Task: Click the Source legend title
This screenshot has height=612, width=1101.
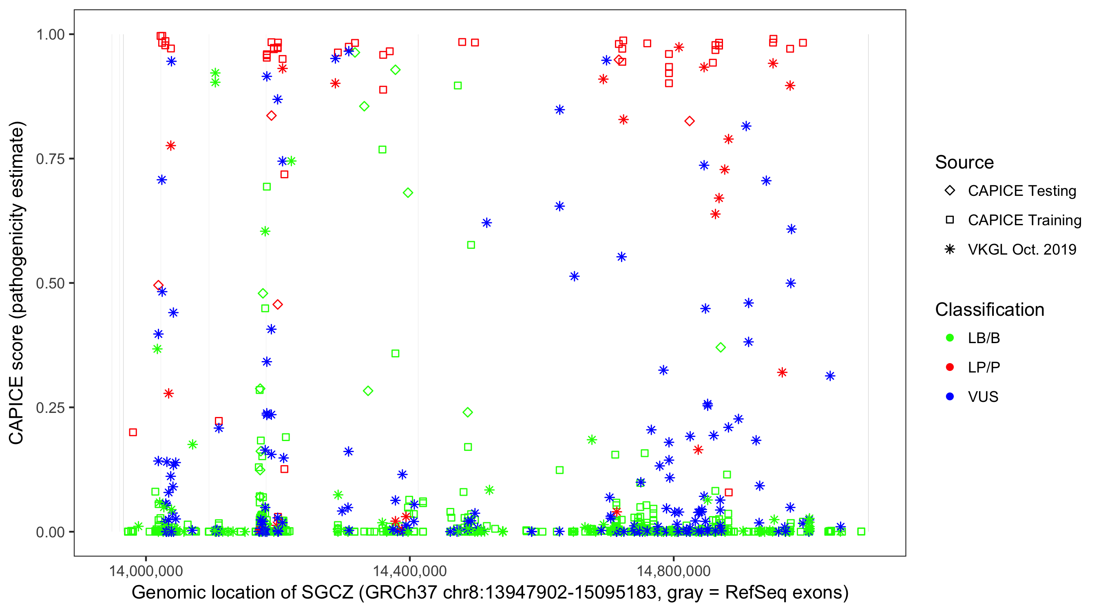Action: [964, 162]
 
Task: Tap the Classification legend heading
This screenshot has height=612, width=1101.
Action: [989, 310]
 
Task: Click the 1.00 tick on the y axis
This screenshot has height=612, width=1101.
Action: [50, 35]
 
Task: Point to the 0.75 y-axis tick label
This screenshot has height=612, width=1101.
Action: [50, 159]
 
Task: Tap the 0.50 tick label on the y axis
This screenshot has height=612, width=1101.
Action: [50, 283]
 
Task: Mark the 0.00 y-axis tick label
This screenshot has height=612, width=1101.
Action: [50, 532]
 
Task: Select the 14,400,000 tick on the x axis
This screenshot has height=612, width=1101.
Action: [410, 571]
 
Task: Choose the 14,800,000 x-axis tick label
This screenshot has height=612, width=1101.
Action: [674, 571]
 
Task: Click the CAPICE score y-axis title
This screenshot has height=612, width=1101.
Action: [17, 283]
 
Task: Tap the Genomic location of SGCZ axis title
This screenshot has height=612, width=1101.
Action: [490, 593]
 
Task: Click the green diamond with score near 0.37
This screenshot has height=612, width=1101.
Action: [721, 348]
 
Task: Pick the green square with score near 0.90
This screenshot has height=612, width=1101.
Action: [458, 86]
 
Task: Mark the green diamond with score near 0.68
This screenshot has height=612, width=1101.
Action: [408, 193]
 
